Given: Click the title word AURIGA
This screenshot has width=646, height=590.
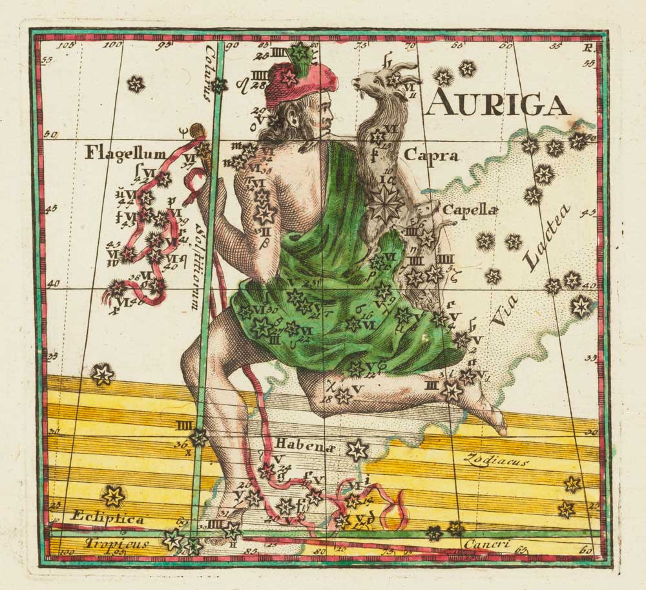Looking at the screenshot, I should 497,103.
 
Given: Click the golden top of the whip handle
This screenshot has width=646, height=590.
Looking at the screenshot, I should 197,132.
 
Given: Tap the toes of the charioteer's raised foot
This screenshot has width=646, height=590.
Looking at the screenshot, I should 498,424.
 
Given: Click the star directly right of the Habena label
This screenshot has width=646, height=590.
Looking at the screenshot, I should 357,450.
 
